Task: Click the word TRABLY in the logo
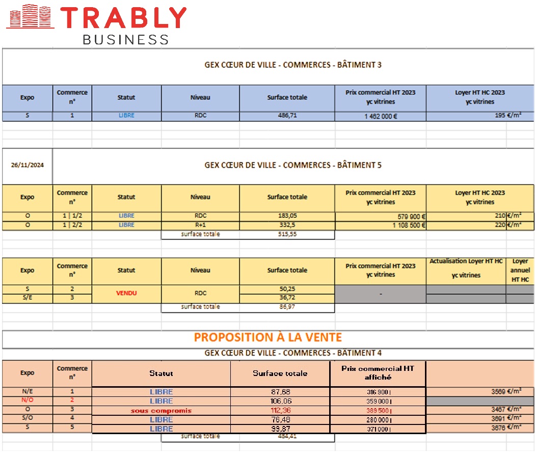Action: [x=124, y=18]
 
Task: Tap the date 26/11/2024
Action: [x=27, y=165]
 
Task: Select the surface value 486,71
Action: [x=287, y=116]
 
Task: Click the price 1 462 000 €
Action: [x=380, y=116]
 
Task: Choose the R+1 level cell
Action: [x=200, y=225]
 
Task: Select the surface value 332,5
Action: [x=287, y=225]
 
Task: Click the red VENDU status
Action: [x=126, y=293]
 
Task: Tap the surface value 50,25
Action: [x=287, y=289]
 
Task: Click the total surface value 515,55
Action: [x=287, y=235]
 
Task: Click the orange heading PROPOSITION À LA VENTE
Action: [x=268, y=337]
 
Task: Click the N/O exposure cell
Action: [x=27, y=400]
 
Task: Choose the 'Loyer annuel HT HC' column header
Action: [x=520, y=270]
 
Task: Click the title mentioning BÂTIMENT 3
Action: [x=293, y=65]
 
